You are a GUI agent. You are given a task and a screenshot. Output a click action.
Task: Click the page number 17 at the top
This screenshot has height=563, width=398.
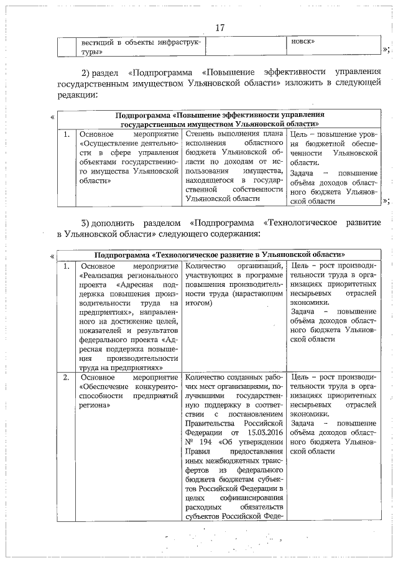click(x=219, y=28)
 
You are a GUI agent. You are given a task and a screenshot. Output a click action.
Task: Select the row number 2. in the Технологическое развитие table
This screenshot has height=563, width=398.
click(x=67, y=378)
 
